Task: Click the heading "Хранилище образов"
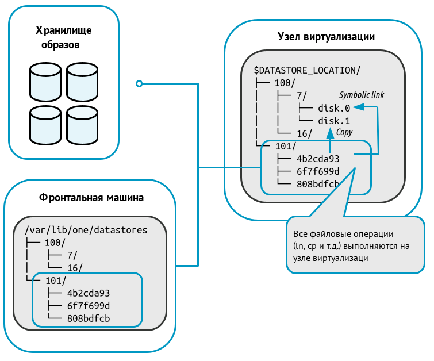tap(64, 37)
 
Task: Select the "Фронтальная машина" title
tap(91, 198)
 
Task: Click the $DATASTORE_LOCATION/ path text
tap(307, 70)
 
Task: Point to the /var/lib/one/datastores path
tap(86, 230)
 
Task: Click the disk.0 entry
tap(333, 108)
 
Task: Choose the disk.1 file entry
tap(333, 121)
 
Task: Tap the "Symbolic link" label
tap(362, 95)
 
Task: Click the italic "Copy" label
tap(344, 133)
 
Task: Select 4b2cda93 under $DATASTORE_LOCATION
tap(318, 159)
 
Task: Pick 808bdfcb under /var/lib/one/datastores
tap(89, 318)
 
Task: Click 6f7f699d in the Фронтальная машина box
tap(89, 305)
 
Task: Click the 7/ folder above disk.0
tap(302, 95)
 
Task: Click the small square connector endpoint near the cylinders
tap(139, 84)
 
